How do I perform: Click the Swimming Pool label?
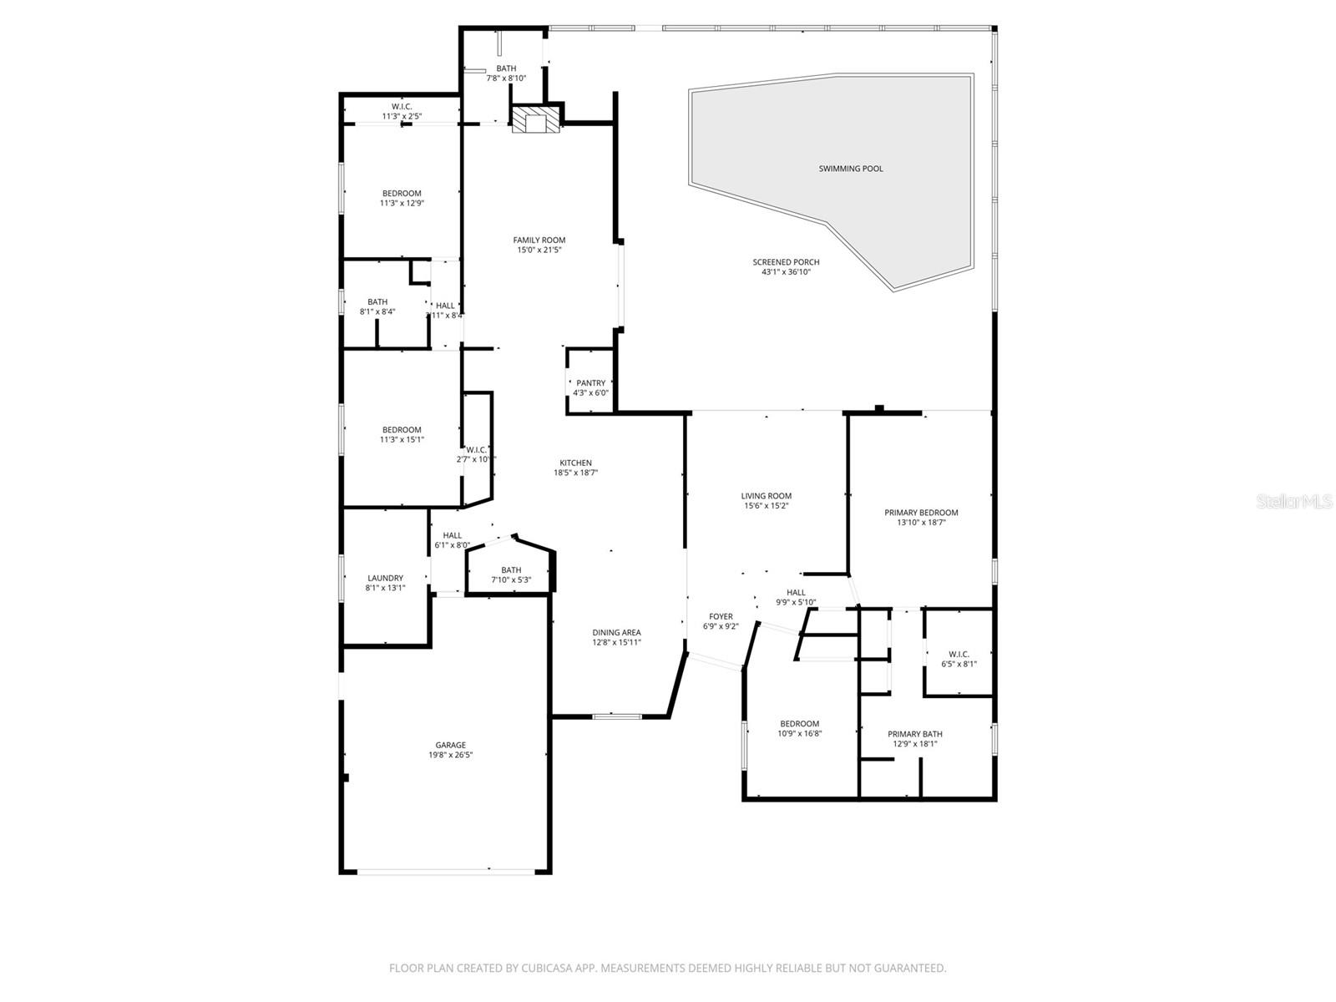coord(850,169)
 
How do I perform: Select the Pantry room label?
coord(590,383)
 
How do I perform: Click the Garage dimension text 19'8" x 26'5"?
coord(450,755)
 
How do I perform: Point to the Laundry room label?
coord(385,578)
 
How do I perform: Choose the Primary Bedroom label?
coord(921,513)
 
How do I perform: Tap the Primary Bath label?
coord(914,734)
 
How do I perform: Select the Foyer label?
coord(721,616)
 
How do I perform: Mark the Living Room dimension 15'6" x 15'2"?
coord(766,506)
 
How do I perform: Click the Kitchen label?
coord(575,463)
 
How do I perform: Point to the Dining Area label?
coord(616,633)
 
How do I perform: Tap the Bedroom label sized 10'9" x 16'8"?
coord(799,724)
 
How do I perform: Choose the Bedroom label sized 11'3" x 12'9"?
coord(402,193)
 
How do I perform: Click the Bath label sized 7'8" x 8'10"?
coord(506,68)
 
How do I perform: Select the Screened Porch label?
coord(785,262)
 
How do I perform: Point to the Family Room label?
coord(539,240)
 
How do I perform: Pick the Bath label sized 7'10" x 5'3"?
coord(511,570)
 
